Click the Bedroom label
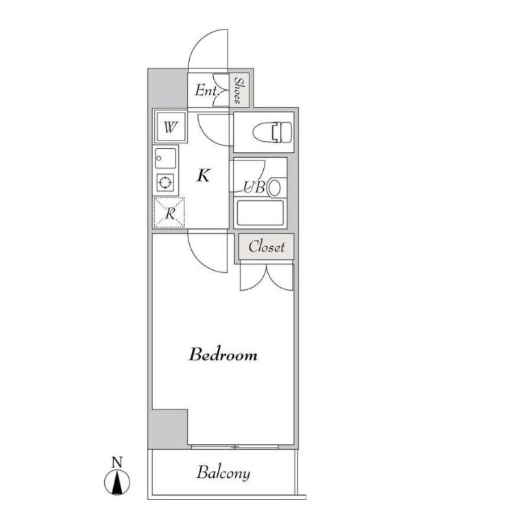click(223, 354)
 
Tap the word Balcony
click(223, 473)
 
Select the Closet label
click(267, 247)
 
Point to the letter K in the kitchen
click(204, 175)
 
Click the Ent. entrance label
click(207, 90)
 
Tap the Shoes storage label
click(239, 90)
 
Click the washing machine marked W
click(170, 127)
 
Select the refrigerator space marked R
click(169, 213)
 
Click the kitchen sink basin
click(165, 158)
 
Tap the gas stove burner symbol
click(165, 183)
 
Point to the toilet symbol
click(273, 132)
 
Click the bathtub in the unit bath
click(260, 213)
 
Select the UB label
click(254, 187)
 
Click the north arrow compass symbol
click(117, 482)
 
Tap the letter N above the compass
click(117, 463)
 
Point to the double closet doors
click(267, 277)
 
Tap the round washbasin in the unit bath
click(275, 188)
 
